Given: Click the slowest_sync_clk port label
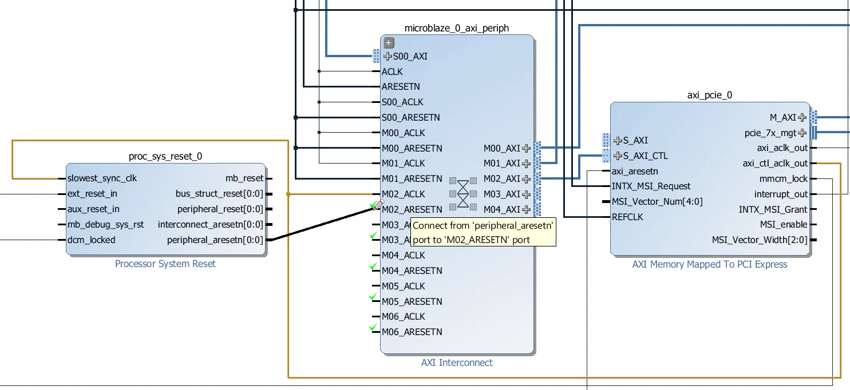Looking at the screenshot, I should [102, 178].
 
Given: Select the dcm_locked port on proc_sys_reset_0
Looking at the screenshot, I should [91, 240].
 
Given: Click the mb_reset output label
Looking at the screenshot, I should [244, 178].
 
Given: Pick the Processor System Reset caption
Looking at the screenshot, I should [165, 264].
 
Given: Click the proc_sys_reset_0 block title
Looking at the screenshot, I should [165, 156].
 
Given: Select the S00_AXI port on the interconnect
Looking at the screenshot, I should [409, 56].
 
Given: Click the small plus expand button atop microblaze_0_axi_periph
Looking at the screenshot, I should [389, 42].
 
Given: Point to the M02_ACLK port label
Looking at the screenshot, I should [404, 194].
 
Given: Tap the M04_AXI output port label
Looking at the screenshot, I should [502, 209].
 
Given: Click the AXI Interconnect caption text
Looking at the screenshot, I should [457, 363].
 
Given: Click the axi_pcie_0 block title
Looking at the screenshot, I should [710, 95].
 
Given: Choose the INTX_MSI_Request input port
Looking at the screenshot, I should [651, 186].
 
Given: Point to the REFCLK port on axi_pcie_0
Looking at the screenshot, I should [627, 217].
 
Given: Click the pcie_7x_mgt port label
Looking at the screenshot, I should [770, 133].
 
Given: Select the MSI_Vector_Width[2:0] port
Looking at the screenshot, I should [760, 240].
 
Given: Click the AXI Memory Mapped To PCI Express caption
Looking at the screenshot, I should [710, 264].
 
